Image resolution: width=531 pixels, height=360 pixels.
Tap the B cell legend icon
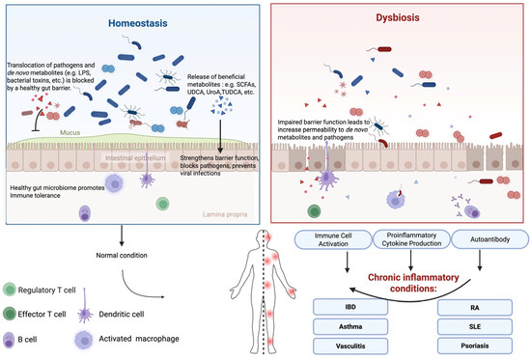coord(12,339)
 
